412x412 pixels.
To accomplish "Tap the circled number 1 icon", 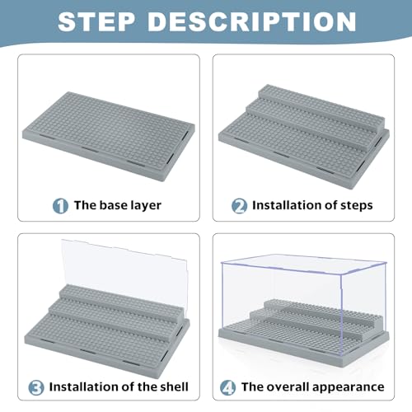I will (61, 205).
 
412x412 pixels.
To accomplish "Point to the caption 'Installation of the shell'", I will (119, 386).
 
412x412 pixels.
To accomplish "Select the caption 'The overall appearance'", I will (311, 386).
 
